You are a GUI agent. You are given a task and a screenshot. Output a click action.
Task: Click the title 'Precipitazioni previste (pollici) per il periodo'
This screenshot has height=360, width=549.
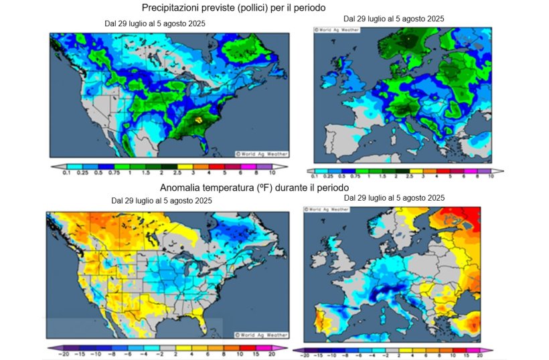[x=234, y=8]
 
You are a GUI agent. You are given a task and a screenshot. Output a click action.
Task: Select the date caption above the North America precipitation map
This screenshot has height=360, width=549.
[x=155, y=23]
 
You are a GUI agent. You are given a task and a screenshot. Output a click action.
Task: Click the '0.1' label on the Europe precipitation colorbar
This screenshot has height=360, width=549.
[x=315, y=176]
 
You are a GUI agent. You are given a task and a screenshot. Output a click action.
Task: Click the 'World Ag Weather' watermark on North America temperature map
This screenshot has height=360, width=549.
[x=262, y=334]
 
